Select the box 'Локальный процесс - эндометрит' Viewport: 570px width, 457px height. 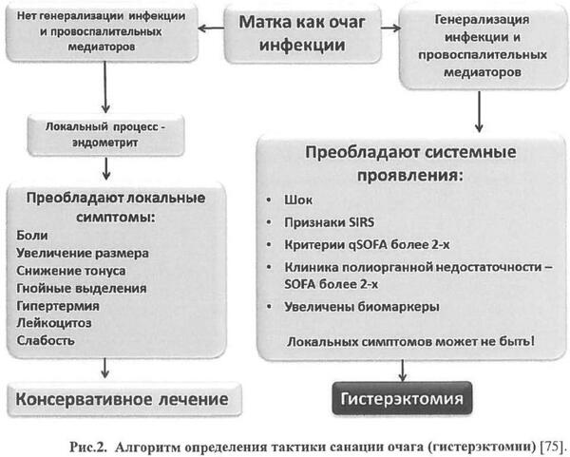[x=105, y=134]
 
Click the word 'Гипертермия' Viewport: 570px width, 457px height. [x=58, y=305]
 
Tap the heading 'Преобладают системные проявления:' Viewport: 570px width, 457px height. [x=409, y=164]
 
